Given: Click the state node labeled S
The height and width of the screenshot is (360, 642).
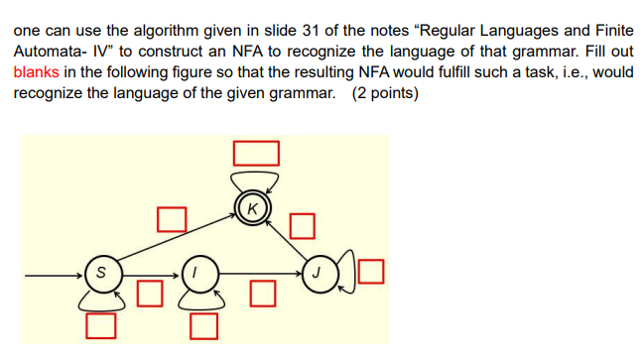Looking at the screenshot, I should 99,270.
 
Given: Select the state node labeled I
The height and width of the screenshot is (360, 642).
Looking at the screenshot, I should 197,270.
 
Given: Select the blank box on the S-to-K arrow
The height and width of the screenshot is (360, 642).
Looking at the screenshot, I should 172,218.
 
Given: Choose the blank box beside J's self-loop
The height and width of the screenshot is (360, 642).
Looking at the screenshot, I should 371,270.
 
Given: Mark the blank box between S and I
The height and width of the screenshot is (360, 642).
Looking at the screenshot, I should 149,292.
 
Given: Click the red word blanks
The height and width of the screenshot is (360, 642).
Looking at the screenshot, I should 37,72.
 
